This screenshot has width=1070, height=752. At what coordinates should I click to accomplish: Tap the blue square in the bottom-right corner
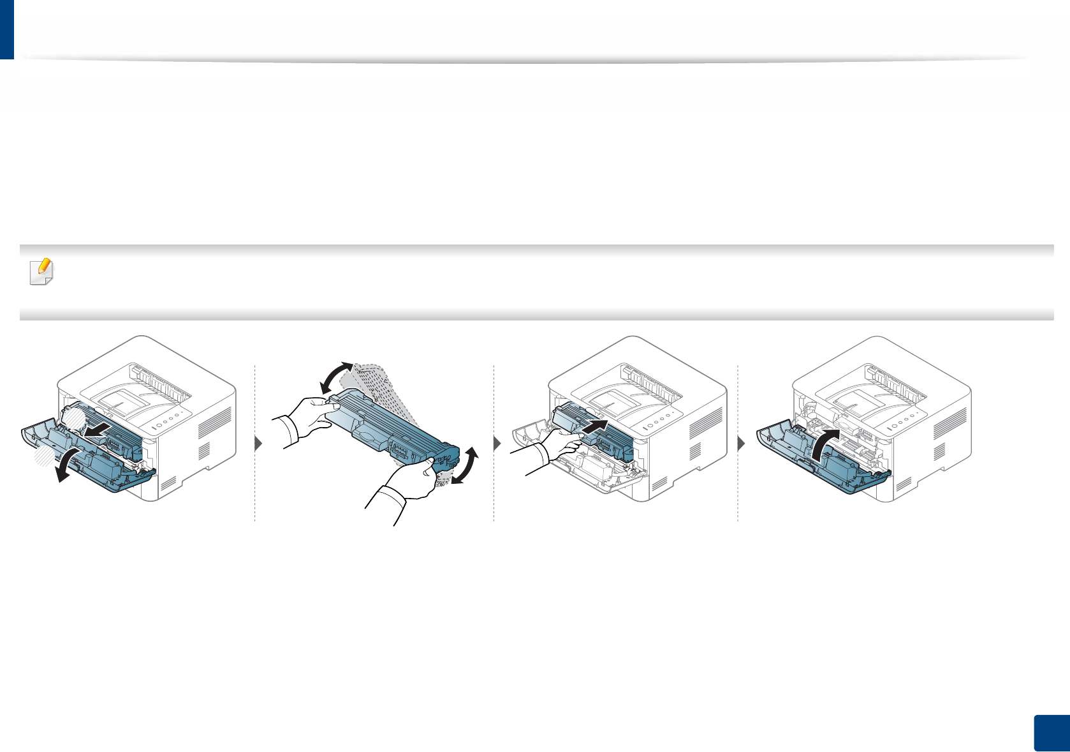pos(1050,733)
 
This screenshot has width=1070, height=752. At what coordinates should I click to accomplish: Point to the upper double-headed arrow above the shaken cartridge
pos(335,377)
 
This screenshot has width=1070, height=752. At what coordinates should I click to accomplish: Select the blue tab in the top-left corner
pos(6,29)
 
